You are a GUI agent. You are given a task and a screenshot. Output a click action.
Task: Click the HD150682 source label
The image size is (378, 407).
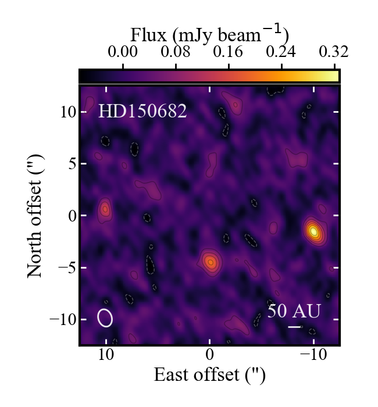coord(142,111)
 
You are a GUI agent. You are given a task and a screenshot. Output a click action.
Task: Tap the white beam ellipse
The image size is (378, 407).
coord(105,318)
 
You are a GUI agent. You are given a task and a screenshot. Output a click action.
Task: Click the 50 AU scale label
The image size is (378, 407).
coord(294,311)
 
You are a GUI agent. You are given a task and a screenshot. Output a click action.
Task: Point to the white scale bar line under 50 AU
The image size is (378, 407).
coord(295,327)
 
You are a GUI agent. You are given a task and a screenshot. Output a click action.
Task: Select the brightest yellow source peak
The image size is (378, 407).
coord(314,231)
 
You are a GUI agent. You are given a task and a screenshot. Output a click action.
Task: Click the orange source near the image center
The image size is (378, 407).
coord(211,262)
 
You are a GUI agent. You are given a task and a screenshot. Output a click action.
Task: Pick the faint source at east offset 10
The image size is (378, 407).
coord(105,208)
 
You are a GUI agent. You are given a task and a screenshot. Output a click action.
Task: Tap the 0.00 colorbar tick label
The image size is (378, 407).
coord(123,52)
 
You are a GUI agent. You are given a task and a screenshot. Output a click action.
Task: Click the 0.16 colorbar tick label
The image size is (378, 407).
coord(229,52)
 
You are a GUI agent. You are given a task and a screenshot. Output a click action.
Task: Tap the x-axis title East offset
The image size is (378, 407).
coord(209,375)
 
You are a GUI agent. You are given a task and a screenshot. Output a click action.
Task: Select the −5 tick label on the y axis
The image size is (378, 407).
coord(63,268)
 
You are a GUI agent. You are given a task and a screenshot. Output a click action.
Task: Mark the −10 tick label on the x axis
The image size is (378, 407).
coord(313,356)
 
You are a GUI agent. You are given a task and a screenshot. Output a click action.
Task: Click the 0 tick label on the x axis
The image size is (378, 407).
coord(209,356)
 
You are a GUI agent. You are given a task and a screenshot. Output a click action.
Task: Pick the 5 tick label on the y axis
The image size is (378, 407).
coord(72,164)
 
